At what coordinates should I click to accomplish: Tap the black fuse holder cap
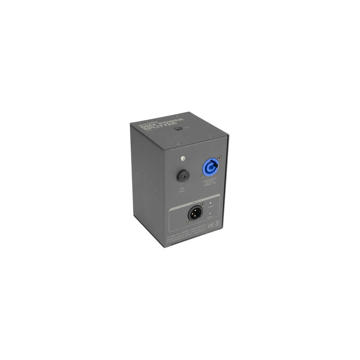[183, 176]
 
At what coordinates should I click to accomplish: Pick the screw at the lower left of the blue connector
[202, 175]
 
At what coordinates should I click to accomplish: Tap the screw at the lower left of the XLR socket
[188, 222]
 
